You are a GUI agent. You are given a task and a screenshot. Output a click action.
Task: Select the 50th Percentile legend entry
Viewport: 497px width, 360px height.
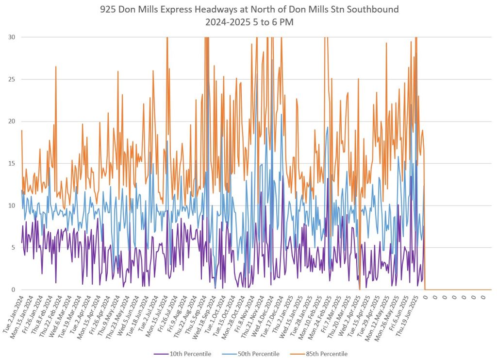[x=257, y=354]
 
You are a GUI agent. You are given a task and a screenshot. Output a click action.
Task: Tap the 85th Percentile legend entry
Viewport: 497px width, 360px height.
[x=326, y=354]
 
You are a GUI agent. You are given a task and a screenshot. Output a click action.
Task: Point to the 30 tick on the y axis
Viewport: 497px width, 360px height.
[x=11, y=37]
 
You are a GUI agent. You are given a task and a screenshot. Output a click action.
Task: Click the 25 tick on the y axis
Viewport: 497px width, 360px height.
[x=11, y=79]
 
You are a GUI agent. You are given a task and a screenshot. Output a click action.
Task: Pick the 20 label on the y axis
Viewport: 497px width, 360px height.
[x=11, y=121]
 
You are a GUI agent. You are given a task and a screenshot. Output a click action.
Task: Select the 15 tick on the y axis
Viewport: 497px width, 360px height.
[x=11, y=163]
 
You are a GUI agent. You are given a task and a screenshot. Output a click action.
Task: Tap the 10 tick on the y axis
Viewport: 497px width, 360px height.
[x=11, y=206]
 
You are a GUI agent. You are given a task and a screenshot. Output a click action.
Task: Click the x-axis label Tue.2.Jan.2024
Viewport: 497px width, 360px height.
[x=13, y=314]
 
